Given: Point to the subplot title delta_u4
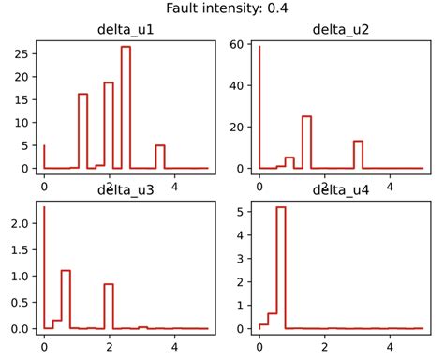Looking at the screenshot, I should (340, 191).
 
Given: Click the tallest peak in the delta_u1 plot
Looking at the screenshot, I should (126, 47).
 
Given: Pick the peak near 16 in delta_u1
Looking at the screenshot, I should (82, 94).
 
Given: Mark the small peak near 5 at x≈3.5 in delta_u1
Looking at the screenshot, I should (160, 145).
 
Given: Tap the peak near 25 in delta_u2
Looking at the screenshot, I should (306, 116).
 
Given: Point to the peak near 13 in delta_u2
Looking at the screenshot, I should (358, 141).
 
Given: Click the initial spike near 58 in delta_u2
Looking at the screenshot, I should (259, 47).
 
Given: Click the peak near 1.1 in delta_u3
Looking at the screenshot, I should (66, 270).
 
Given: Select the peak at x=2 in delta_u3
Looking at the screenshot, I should (109, 284).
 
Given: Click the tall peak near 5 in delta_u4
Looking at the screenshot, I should (280, 207).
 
